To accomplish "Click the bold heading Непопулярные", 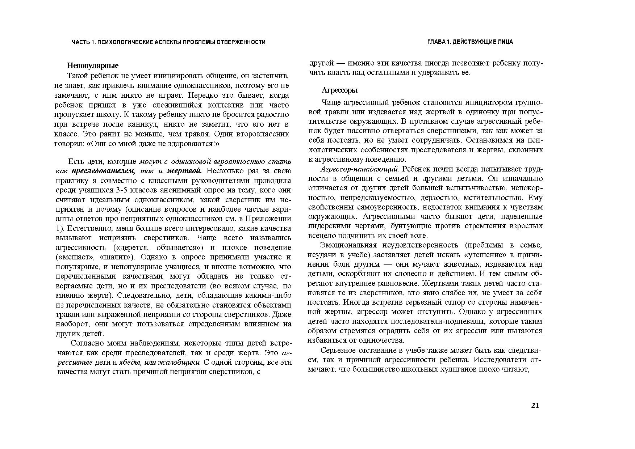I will tap(93, 66).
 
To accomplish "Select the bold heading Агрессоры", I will tap(339, 90).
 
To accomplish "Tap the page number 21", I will tap(535, 405).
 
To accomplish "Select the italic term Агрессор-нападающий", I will tap(359, 169).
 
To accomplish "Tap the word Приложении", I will tap(268, 219).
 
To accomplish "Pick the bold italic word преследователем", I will tap(104, 171).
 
